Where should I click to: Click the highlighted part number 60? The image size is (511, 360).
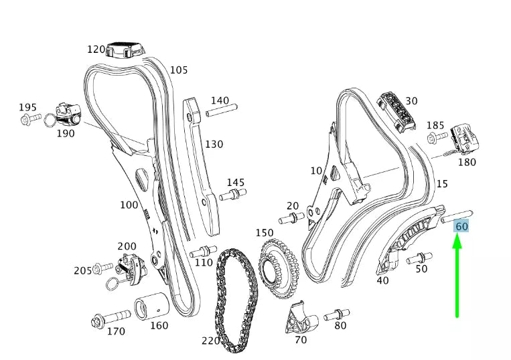[462, 226]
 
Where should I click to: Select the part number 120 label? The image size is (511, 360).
[96, 49]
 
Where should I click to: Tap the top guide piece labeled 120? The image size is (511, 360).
[127, 48]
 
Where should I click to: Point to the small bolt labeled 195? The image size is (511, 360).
[29, 120]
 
